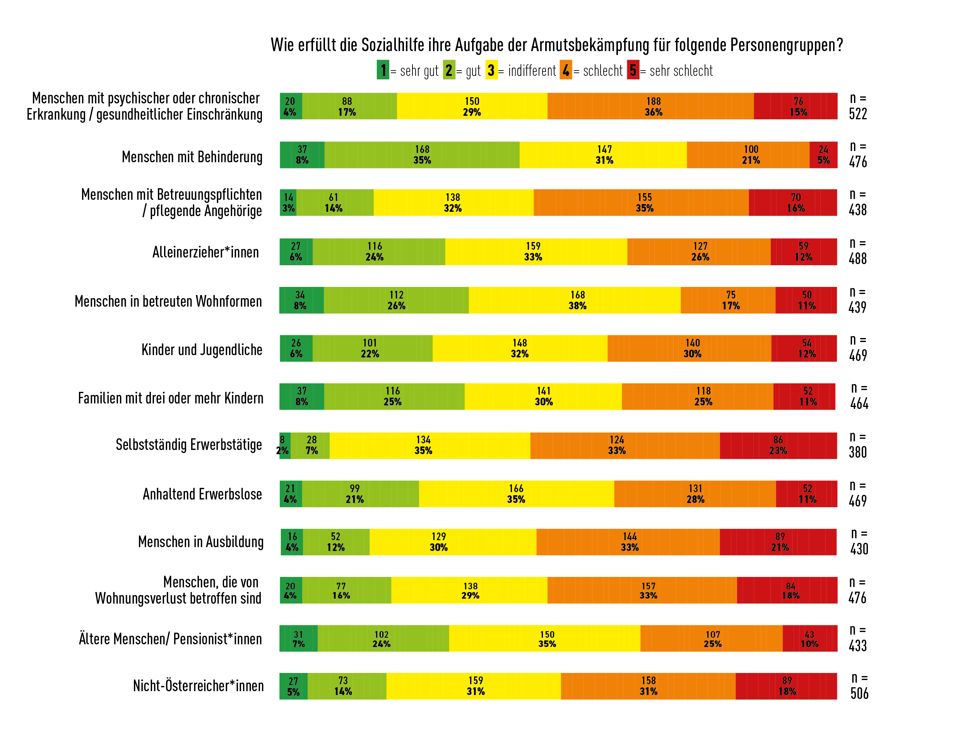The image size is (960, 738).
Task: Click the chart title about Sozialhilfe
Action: pyautogui.click(x=556, y=45)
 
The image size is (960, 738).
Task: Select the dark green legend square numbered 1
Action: pyautogui.click(x=383, y=70)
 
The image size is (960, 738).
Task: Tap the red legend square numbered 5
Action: pyautogui.click(x=633, y=70)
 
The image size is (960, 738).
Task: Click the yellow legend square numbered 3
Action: pyautogui.click(x=491, y=70)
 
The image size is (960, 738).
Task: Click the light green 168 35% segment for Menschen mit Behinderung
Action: pyautogui.click(x=422, y=154)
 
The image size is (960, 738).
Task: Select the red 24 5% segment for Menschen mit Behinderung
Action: pyautogui.click(x=823, y=154)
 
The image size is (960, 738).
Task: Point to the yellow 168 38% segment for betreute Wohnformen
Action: pyautogui.click(x=575, y=300)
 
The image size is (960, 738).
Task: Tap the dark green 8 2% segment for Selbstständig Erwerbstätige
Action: pyautogui.click(x=285, y=445)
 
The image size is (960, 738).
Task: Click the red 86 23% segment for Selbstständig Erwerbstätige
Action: pyautogui.click(x=778, y=445)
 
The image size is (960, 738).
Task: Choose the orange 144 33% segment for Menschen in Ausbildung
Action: pyautogui.click(x=628, y=542)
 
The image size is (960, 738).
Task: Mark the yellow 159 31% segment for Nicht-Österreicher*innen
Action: pyautogui.click(x=474, y=686)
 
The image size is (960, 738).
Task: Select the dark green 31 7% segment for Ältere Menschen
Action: pyautogui.click(x=298, y=638)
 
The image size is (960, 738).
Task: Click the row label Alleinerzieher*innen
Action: pyautogui.click(x=205, y=252)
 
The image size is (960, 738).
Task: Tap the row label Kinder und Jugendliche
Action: pyautogui.click(x=202, y=350)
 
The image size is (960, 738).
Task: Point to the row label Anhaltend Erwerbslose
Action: pyautogui.click(x=202, y=494)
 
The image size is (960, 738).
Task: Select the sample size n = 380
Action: pyautogui.click(x=858, y=445)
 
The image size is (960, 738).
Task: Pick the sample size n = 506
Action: pyautogui.click(x=859, y=686)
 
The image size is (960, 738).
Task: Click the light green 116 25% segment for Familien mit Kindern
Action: pyautogui.click(x=395, y=396)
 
